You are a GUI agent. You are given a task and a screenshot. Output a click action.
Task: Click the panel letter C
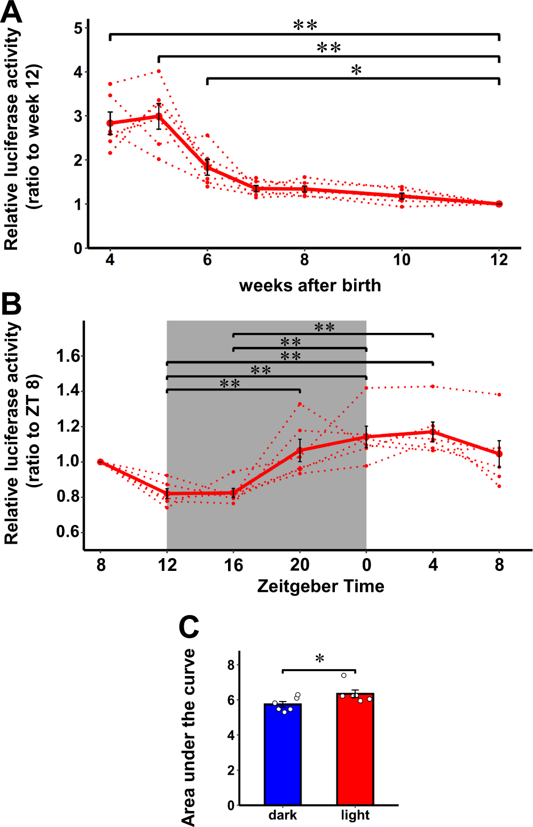pyautogui.click(x=189, y=627)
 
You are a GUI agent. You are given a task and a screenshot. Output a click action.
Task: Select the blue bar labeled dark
pyautogui.click(x=283, y=754)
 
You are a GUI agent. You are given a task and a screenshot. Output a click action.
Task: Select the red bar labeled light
pyautogui.click(x=355, y=749)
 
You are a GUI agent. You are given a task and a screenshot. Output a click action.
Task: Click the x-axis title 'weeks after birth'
pyautogui.click(x=310, y=285)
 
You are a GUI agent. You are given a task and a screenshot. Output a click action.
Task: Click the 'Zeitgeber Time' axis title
pyautogui.click(x=320, y=586)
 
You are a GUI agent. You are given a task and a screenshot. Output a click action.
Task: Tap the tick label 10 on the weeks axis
pyautogui.click(x=402, y=260)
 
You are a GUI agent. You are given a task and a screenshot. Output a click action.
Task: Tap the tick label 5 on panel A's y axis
pyautogui.click(x=79, y=28)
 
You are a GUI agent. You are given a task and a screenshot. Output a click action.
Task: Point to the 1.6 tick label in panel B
pyautogui.click(x=69, y=356)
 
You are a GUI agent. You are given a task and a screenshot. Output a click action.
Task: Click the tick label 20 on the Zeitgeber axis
pyautogui.click(x=300, y=565)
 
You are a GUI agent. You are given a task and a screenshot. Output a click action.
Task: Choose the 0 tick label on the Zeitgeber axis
pyautogui.click(x=366, y=565)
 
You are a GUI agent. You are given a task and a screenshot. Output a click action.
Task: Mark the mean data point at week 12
pyautogui.click(x=499, y=204)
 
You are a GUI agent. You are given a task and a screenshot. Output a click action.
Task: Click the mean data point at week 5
pyautogui.click(x=159, y=116)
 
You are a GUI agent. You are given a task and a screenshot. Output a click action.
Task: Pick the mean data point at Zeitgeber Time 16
pyautogui.click(x=233, y=493)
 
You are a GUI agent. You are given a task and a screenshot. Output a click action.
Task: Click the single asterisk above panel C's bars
pyautogui.click(x=319, y=659)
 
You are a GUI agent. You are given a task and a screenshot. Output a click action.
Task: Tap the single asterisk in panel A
pyautogui.click(x=356, y=70)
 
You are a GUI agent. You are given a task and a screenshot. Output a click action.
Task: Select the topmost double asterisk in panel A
pyautogui.click(x=305, y=25)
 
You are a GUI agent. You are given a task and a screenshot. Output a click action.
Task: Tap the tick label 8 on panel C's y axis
pyautogui.click(x=231, y=665)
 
